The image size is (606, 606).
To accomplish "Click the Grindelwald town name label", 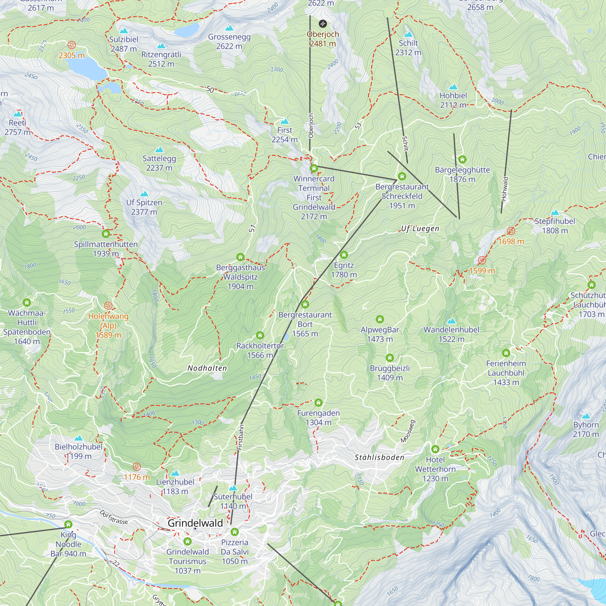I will (x=195, y=523).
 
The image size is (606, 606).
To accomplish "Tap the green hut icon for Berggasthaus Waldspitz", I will (x=240, y=257).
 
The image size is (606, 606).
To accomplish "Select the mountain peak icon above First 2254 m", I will (x=285, y=122).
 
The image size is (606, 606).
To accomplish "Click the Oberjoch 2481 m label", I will (x=323, y=39).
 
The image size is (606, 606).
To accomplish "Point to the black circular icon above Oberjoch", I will (x=323, y=24).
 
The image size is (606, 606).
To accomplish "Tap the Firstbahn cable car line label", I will (x=240, y=437).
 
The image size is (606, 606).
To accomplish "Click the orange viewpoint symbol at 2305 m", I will (x=72, y=45).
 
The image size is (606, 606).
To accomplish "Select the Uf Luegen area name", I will (x=420, y=229).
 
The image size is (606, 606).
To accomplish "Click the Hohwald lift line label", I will (x=504, y=188).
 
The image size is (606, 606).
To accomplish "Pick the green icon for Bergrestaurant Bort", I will (x=305, y=304).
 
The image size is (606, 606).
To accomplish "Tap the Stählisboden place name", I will (x=379, y=457).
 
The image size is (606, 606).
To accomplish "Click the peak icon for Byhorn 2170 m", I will (x=586, y=416).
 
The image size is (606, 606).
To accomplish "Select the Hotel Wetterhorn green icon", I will (x=435, y=449).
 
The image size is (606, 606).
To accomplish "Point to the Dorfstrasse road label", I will (x=114, y=517).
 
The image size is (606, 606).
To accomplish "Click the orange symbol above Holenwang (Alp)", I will (x=108, y=305).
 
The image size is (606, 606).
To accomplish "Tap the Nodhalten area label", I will (x=207, y=368).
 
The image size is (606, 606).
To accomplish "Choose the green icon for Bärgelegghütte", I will (x=462, y=159).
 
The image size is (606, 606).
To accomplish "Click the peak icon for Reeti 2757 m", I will (x=18, y=114).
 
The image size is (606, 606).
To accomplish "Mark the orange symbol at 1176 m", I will (x=136, y=467).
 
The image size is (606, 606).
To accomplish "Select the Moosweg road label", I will (x=408, y=431).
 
